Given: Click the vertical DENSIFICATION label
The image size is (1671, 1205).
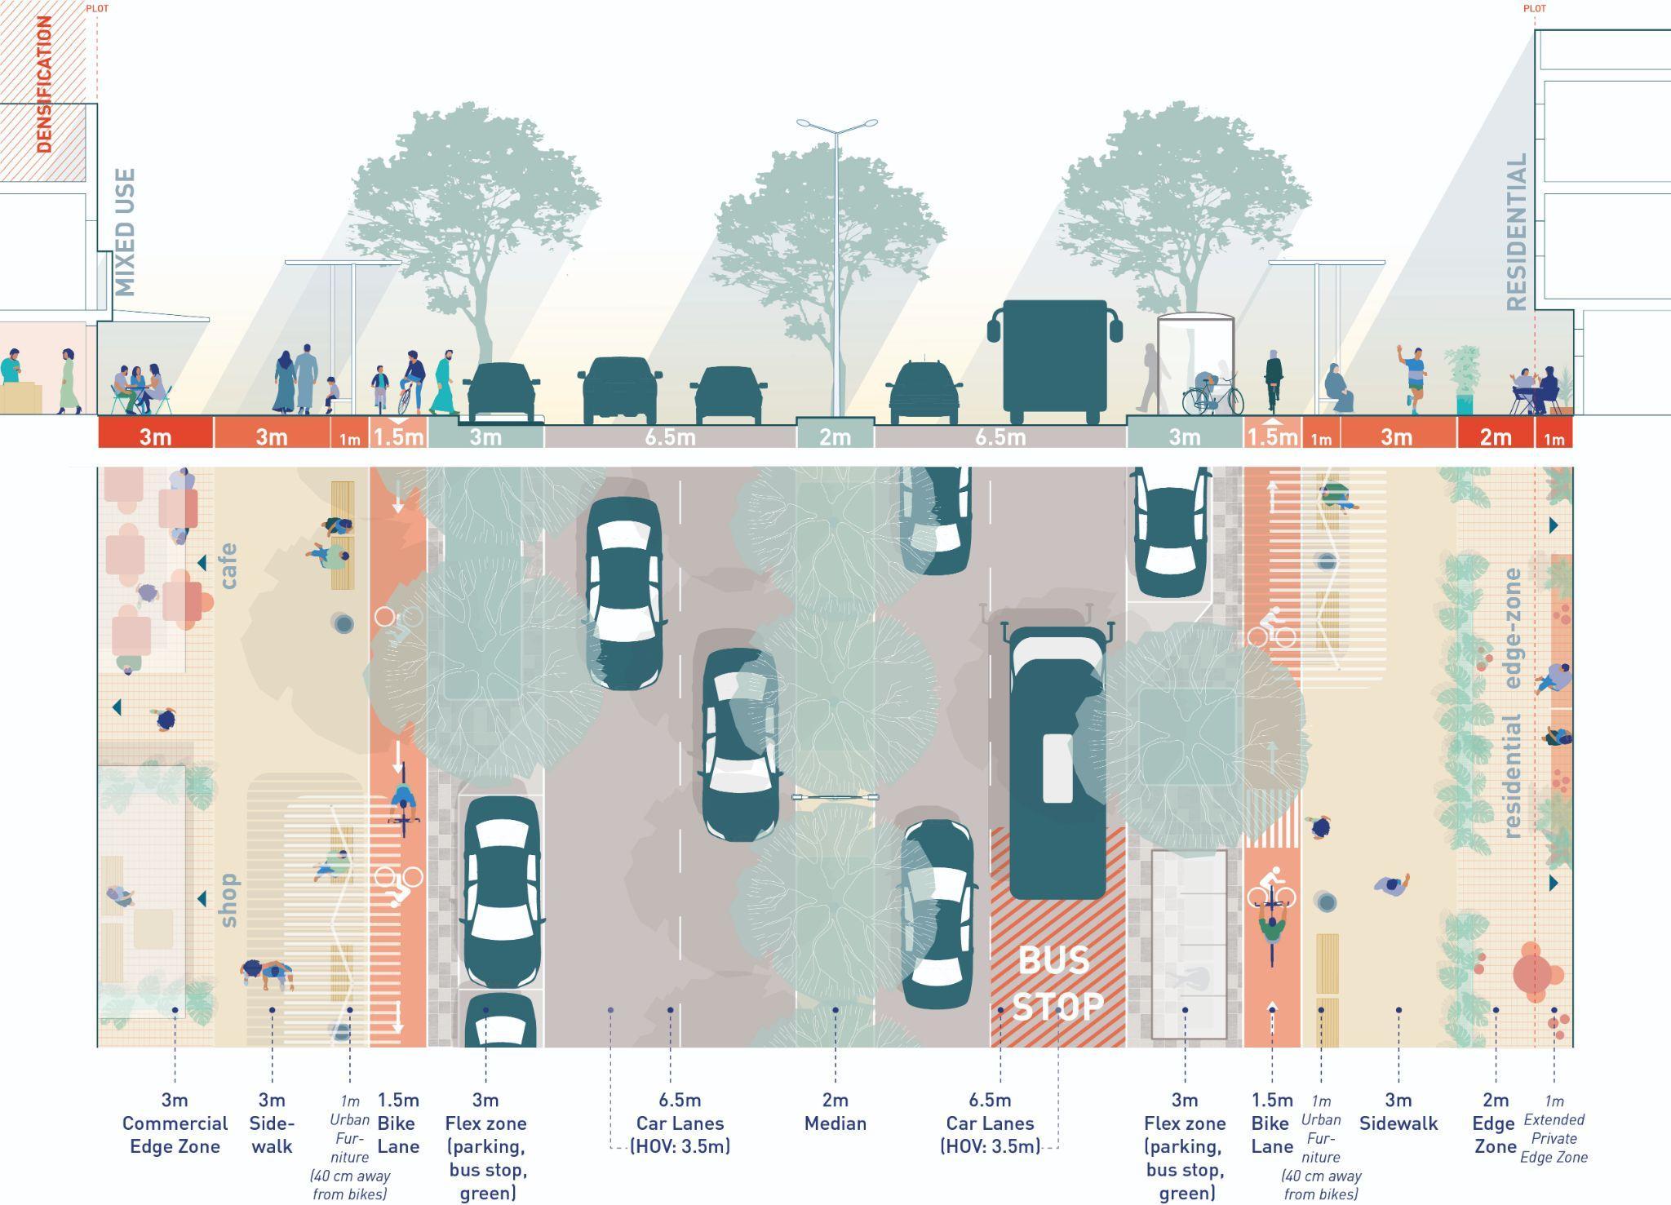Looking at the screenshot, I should tap(44, 84).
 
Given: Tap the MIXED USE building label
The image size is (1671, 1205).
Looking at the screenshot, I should tap(125, 233).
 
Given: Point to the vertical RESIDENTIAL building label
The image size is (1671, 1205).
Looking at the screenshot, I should tap(1516, 233).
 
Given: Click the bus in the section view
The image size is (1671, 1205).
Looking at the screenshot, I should tap(1055, 359).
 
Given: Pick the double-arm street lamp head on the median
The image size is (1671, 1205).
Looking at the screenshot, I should tap(835, 125).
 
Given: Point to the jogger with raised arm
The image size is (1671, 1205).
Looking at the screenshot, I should tap(1414, 375).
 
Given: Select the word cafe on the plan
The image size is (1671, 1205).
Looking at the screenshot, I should tap(228, 565).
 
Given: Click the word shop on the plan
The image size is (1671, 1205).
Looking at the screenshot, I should tap(228, 900).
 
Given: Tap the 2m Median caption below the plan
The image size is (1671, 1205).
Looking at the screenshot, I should tap(835, 1112).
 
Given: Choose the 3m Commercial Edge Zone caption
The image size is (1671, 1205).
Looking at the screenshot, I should tap(175, 1123).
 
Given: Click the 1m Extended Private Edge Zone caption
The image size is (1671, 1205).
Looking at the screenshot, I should tap(1554, 1130).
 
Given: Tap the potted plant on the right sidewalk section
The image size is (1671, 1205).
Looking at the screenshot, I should tap(1463, 379).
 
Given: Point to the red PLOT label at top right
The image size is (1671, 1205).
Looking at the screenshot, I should tap(1534, 9).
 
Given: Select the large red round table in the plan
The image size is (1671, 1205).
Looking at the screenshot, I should tap(1533, 973).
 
